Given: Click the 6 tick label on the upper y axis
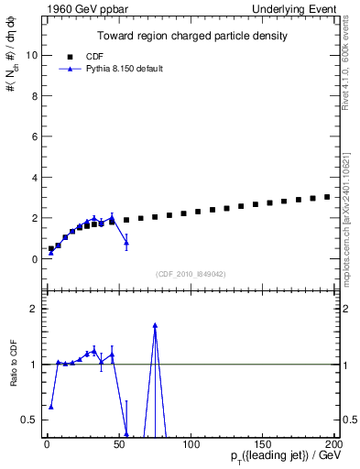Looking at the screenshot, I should [x=32, y=136].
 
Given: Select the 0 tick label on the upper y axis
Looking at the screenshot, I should [x=32, y=259].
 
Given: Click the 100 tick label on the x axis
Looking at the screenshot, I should [x=191, y=444].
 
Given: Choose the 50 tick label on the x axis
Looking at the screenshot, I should [x=119, y=444].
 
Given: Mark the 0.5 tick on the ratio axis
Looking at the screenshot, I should [x=27, y=420].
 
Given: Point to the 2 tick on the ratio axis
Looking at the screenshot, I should [x=32, y=309].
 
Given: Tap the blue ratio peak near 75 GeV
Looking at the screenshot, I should [x=155, y=325].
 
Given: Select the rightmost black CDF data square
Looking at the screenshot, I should [x=327, y=197].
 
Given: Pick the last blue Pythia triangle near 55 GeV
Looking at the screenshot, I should [x=126, y=242].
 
